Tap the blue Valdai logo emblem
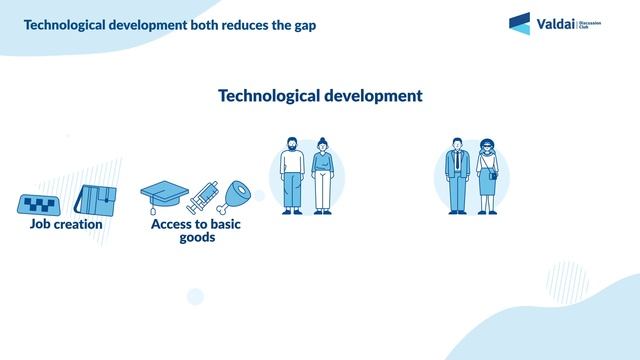click(x=520, y=23)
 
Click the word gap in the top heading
click(x=303, y=25)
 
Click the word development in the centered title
click(x=366, y=96)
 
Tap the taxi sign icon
click(x=41, y=204)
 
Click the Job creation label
click(x=66, y=225)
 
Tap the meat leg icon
click(x=241, y=195)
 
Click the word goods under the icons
click(x=197, y=239)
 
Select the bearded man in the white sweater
click(x=291, y=175)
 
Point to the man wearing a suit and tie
click(x=457, y=175)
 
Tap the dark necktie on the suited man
click(x=457, y=160)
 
